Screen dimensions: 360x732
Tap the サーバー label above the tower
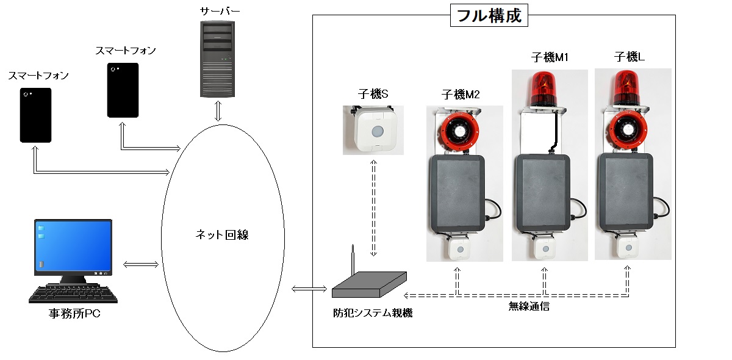218,11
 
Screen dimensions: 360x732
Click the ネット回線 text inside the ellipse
223,235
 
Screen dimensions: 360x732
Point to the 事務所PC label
74,315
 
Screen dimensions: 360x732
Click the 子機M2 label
460,95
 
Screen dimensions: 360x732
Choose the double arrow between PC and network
140,264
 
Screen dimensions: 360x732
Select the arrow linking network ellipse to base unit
309,288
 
